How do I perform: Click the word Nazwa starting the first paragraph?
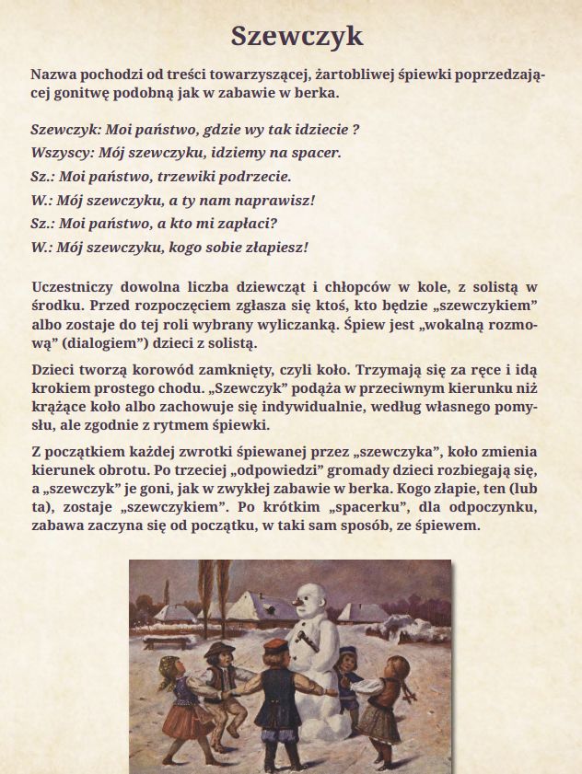click(52, 73)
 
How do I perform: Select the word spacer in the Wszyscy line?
click(316, 153)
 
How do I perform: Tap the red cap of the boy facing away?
click(274, 646)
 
